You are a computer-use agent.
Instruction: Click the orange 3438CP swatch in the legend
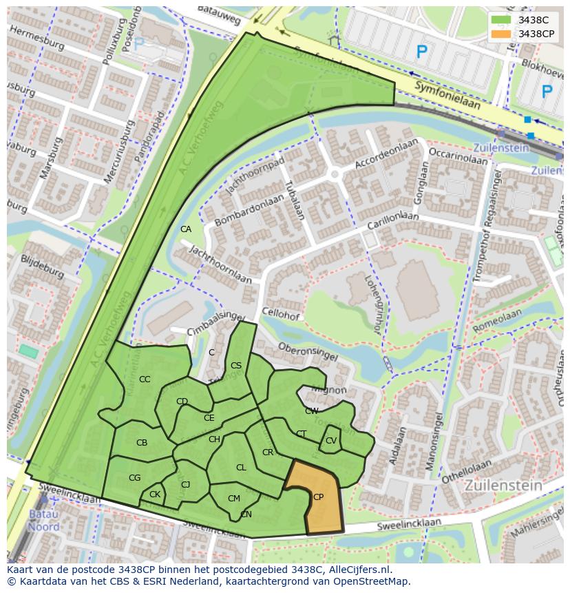click(x=501, y=34)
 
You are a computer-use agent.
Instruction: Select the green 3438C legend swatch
click(x=501, y=20)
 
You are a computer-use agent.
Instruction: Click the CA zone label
click(x=186, y=229)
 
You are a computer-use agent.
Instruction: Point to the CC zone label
click(x=145, y=379)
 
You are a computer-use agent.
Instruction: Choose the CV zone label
click(x=331, y=441)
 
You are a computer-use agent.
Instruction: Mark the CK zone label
click(x=155, y=495)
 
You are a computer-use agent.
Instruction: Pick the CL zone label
click(x=241, y=468)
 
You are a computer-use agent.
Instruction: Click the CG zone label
click(x=135, y=478)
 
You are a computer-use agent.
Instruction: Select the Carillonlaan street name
click(x=392, y=222)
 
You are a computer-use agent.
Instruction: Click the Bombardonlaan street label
click(x=249, y=209)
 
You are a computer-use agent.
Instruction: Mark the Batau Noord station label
click(x=43, y=521)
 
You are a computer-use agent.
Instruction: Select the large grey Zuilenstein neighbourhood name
click(x=503, y=485)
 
